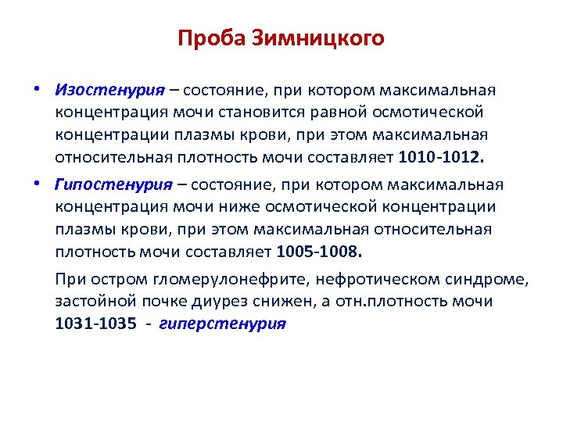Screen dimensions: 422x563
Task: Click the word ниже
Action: coord(257,207)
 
